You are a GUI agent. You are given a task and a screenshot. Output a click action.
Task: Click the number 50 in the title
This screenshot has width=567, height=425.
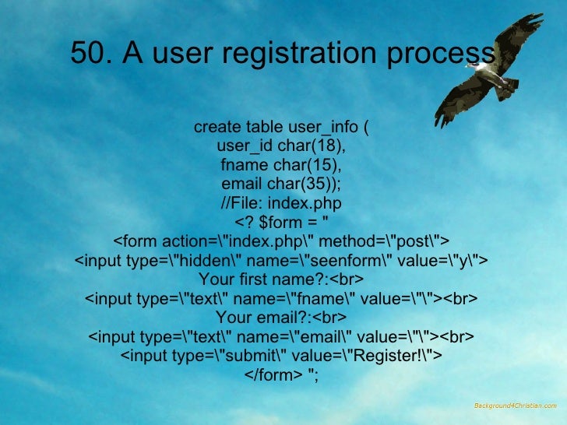pyautogui.click(x=86, y=53)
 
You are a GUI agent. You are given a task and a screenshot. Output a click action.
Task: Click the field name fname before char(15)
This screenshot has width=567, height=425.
pyautogui.click(x=244, y=165)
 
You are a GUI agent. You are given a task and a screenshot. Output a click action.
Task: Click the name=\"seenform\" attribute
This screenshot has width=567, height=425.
pyautogui.click(x=301, y=260)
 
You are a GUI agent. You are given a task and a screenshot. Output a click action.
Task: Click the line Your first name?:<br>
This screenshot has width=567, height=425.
pyautogui.click(x=281, y=279)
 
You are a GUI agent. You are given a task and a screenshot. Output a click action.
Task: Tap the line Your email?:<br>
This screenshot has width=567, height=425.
pyautogui.click(x=281, y=318)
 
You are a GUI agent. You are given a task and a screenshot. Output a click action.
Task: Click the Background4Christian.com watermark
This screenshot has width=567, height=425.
pyautogui.click(x=515, y=406)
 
